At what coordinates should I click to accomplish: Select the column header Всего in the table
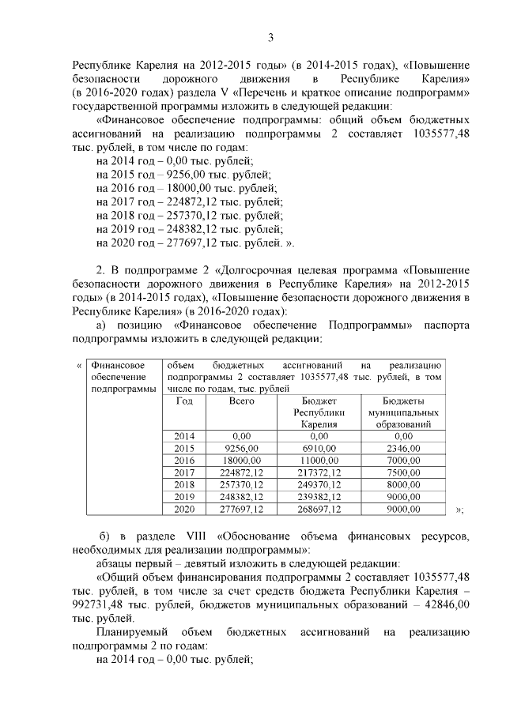pos(241,401)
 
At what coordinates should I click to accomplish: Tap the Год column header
pos(184,401)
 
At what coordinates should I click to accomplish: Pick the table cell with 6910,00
pos(319,448)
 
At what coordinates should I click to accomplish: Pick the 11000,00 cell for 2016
pos(319,460)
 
